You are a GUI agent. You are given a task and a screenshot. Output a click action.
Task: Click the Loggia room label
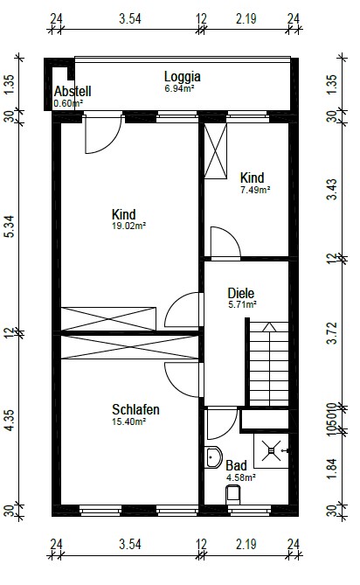pyautogui.click(x=183, y=76)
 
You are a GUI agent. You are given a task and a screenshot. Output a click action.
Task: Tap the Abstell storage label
pyautogui.click(x=73, y=91)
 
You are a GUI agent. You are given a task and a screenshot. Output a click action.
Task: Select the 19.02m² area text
pyautogui.click(x=128, y=226)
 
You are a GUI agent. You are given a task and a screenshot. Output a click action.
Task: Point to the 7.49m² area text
pyautogui.click(x=255, y=190)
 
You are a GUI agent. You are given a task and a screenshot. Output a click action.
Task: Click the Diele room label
pyautogui.click(x=241, y=293)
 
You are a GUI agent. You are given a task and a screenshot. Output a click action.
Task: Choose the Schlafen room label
pyautogui.click(x=135, y=409)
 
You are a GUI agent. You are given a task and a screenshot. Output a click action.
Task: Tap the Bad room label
pyautogui.click(x=236, y=465)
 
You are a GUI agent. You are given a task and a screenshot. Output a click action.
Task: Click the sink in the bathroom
pyautogui.click(x=213, y=457)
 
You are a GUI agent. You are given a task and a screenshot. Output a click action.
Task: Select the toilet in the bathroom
pyautogui.click(x=233, y=495)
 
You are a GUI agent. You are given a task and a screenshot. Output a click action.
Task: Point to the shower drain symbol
pyautogui.click(x=271, y=450)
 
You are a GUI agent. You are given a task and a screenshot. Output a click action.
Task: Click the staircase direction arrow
pyautogui.click(x=269, y=327)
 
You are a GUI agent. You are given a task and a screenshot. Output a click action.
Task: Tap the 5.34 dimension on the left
pyautogui.click(x=10, y=226)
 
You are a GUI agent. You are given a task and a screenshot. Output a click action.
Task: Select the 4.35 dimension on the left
pyautogui.click(x=10, y=420)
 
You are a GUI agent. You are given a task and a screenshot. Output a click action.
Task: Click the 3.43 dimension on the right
pyautogui.click(x=332, y=190)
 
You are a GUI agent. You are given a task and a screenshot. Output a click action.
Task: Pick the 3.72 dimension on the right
pyautogui.click(x=332, y=333)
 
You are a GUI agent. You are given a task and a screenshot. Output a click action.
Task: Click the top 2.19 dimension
pyautogui.click(x=246, y=18)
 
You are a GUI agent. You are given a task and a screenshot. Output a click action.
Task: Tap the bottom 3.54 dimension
pyautogui.click(x=130, y=544)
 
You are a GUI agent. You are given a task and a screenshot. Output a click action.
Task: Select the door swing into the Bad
pyautogui.click(x=222, y=424)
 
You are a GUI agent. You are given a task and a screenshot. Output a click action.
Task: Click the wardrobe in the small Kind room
pyautogui.click(x=216, y=151)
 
